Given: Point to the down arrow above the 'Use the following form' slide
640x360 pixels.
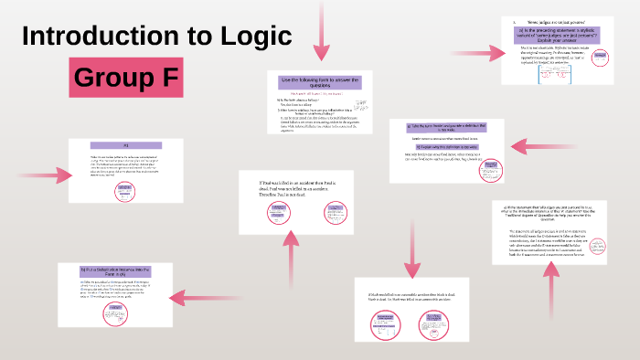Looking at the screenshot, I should tap(320, 31).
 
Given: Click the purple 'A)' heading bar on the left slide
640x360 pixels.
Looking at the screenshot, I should tap(126, 145).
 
